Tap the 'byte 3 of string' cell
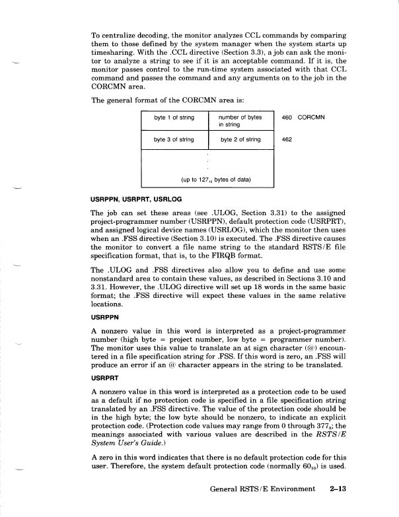pos(174,140)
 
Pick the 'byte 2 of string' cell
pos(240,140)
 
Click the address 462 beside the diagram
pos(287,140)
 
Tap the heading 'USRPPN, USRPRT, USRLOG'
pos(137,199)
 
